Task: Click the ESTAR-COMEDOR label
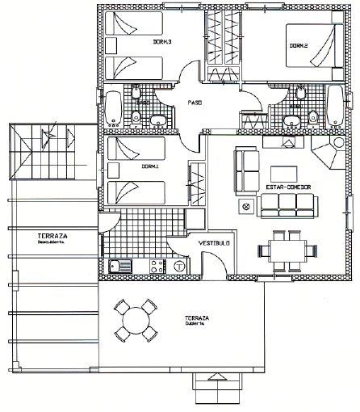(x=288, y=187)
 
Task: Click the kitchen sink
(x=122, y=265)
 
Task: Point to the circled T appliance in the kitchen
(x=178, y=266)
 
